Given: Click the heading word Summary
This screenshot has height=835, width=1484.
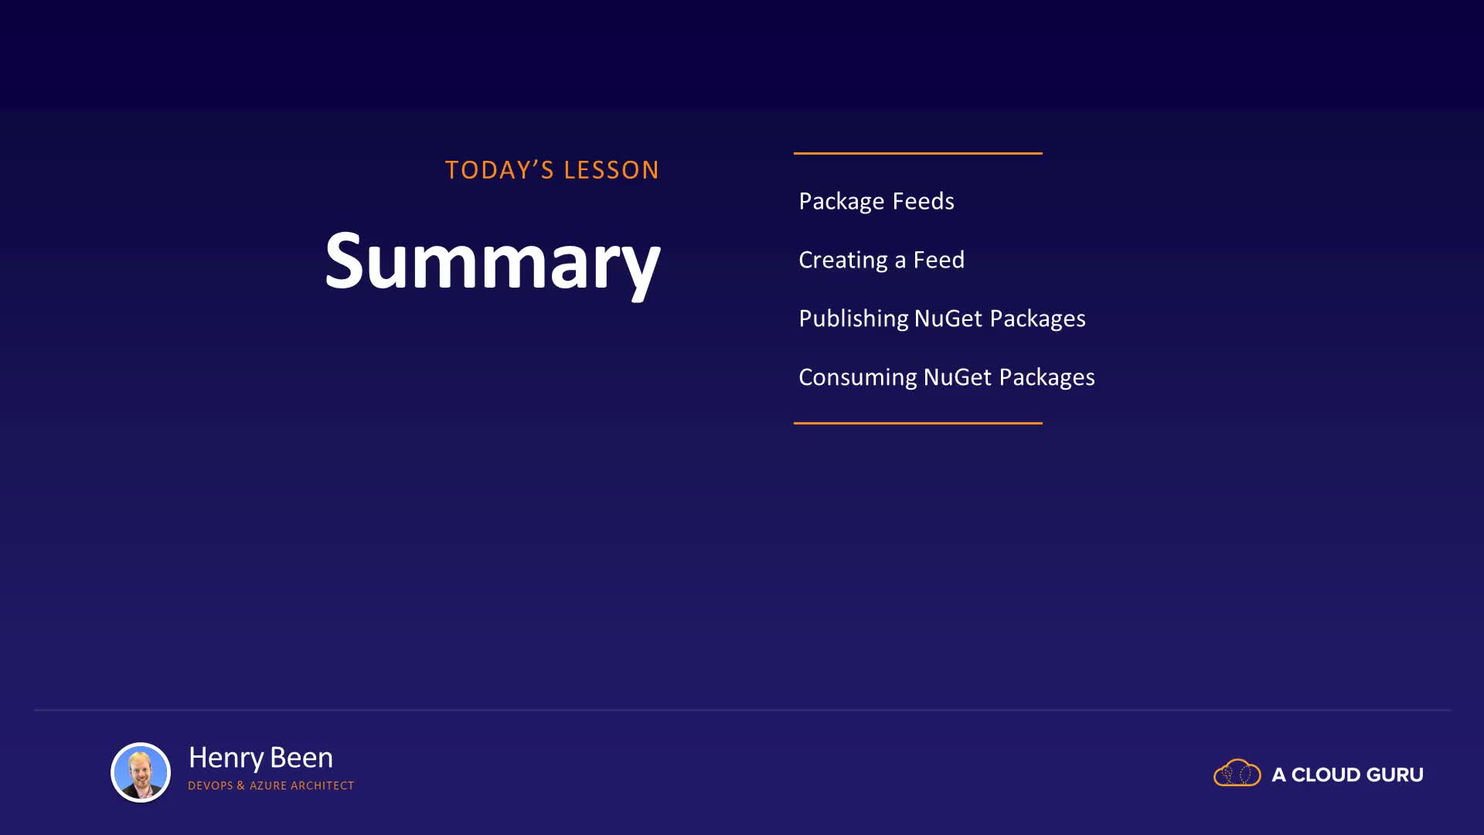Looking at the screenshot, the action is [492, 261].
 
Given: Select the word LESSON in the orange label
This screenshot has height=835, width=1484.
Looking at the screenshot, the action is [611, 170].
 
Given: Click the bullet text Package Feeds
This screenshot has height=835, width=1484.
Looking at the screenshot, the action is [876, 202].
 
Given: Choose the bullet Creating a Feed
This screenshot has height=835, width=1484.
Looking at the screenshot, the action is [881, 261].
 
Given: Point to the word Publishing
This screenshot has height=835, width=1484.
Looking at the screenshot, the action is [853, 319].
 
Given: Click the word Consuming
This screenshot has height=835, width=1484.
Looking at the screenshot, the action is [858, 377].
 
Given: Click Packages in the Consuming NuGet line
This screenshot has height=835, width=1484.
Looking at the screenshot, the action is [1047, 378].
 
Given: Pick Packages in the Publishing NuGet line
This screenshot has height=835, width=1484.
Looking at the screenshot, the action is [1037, 319].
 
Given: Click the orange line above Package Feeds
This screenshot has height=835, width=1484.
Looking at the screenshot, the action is [917, 153].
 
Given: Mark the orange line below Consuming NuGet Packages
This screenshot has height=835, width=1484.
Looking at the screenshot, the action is [917, 423].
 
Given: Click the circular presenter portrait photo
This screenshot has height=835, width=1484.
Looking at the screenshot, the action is [141, 772].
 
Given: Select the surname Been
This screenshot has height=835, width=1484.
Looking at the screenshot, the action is [301, 758].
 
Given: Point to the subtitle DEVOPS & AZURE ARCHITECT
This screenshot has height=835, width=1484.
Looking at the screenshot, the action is [271, 786].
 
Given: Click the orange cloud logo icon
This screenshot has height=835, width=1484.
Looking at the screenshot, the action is [1237, 773].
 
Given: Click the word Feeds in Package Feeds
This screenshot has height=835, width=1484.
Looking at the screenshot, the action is [924, 201].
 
